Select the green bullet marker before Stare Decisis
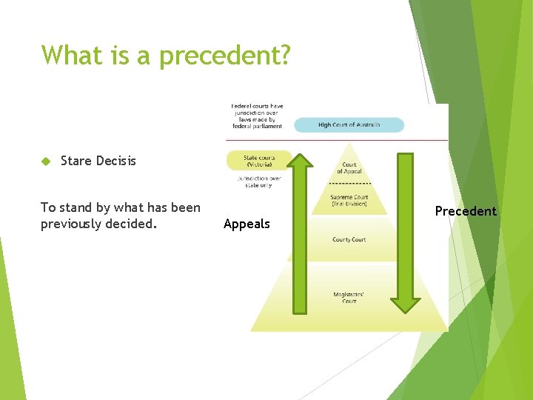pyautogui.click(x=45, y=161)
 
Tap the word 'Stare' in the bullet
pyautogui.click(x=76, y=161)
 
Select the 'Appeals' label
pyautogui.click(x=247, y=224)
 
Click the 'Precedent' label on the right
pyautogui.click(x=466, y=211)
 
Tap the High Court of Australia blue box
pyautogui.click(x=349, y=125)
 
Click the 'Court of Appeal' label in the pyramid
pyautogui.click(x=349, y=168)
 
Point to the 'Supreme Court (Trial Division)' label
pyautogui.click(x=349, y=199)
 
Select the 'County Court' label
pyautogui.click(x=349, y=239)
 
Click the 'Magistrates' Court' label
pyautogui.click(x=349, y=298)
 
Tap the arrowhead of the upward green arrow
pyautogui.click(x=300, y=161)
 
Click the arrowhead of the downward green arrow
pyautogui.click(x=405, y=304)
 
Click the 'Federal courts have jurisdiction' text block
pyautogui.click(x=257, y=116)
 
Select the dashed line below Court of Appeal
pyautogui.click(x=349, y=183)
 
